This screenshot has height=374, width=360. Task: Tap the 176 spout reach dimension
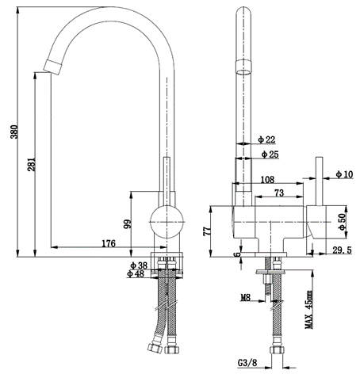point(109,243)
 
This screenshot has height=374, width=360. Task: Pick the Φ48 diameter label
point(138,274)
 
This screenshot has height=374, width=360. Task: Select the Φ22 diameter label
point(266,139)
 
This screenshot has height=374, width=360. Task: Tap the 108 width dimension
point(266,180)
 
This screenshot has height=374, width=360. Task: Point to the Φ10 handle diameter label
point(344,174)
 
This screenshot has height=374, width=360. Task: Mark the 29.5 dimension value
point(342,250)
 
